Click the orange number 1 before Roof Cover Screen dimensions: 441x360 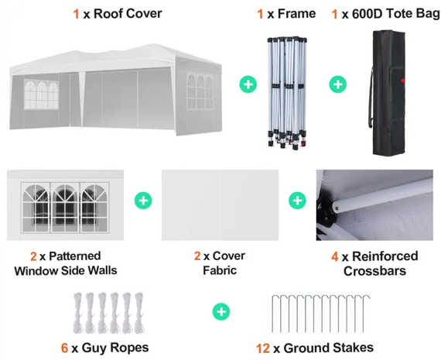(76, 14)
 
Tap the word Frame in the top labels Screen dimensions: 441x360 (297, 14)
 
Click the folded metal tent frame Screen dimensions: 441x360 (287, 93)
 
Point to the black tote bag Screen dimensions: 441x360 (388, 92)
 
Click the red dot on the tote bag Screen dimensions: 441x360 (403, 81)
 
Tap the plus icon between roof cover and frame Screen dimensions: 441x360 (248, 84)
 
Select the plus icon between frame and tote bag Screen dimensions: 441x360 (338, 84)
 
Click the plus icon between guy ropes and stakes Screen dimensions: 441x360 (221, 311)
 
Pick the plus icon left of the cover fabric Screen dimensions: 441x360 (143, 201)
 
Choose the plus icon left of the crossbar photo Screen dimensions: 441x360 (298, 201)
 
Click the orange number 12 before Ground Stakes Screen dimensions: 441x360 (263, 348)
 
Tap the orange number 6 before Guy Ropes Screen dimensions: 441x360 (64, 348)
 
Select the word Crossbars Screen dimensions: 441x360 (374, 271)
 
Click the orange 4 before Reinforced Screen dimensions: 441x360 (335, 257)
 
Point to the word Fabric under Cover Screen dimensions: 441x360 (220, 270)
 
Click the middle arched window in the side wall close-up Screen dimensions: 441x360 (65, 207)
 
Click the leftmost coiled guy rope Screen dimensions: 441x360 (78, 313)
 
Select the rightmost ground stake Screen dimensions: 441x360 (365, 314)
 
